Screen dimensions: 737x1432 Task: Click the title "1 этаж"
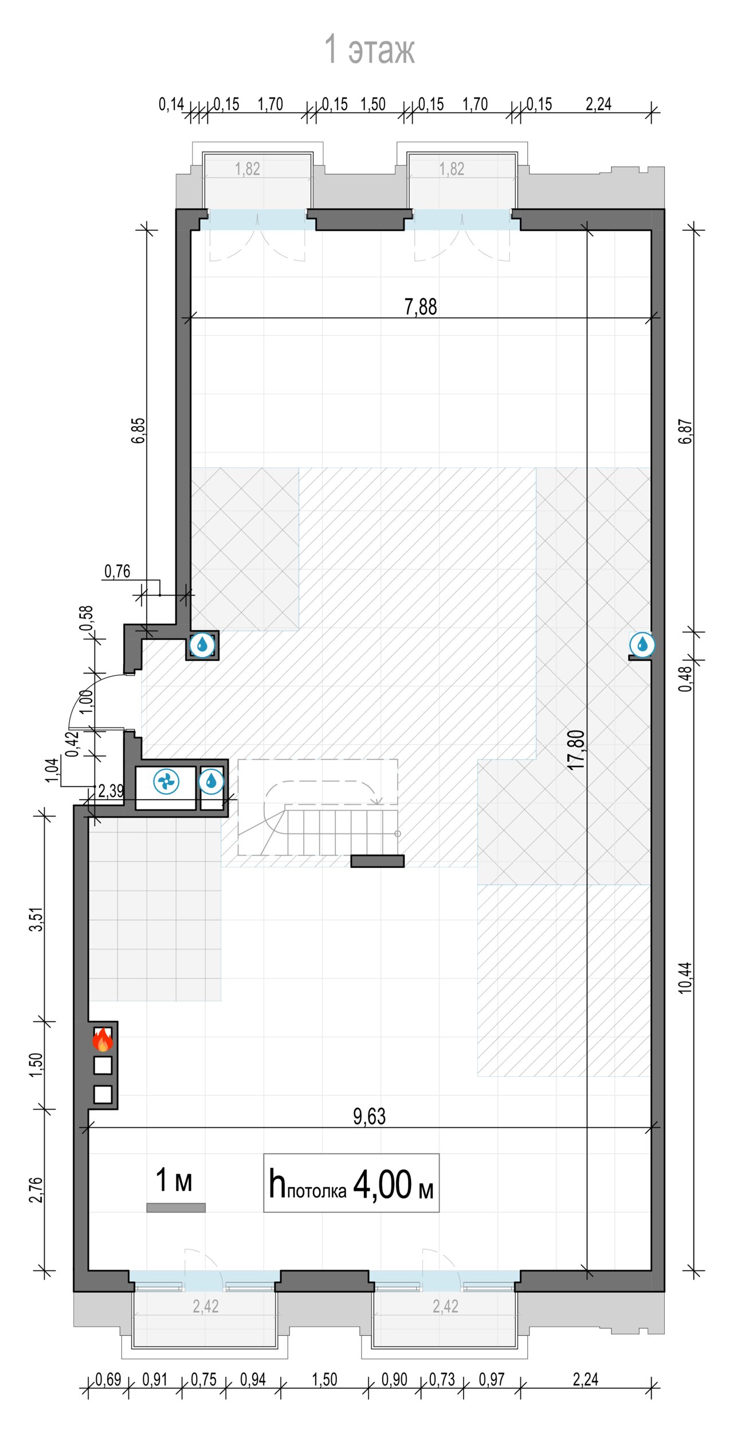[369, 49]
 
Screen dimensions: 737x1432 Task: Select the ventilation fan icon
[166, 781]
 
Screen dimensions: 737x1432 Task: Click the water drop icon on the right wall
[642, 644]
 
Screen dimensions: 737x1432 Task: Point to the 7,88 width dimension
[421, 307]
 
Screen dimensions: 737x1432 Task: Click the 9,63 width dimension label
[369, 1116]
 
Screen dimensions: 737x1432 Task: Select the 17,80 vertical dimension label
[577, 750]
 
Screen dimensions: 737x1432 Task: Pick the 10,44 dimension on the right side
[685, 977]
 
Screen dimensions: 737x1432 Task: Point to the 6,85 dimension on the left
[139, 431]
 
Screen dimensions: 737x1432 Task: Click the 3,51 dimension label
[36, 919]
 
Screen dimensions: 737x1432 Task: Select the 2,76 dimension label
[36, 1190]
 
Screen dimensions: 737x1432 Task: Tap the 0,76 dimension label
[117, 571]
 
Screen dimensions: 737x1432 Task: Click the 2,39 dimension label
[111, 791]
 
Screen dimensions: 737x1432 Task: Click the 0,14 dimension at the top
[171, 104]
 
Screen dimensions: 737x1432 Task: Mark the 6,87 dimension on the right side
[685, 431]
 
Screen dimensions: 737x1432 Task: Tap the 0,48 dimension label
[685, 678]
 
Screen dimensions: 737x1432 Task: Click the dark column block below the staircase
[377, 861]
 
